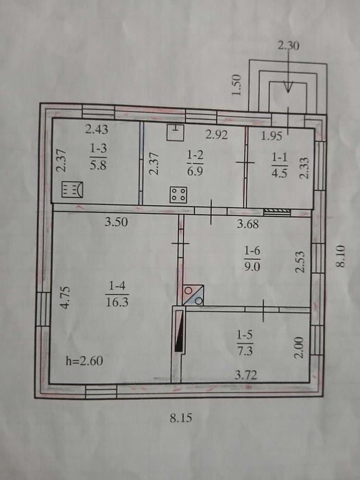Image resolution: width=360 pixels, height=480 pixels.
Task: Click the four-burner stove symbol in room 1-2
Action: click(178, 194)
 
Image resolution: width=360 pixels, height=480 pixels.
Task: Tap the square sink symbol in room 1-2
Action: click(175, 132)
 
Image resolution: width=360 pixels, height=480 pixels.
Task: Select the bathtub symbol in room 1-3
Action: click(72, 189)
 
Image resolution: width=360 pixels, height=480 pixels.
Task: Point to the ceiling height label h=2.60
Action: click(84, 361)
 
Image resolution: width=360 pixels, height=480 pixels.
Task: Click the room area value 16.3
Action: click(117, 302)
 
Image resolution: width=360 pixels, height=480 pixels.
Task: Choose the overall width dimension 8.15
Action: click(181, 418)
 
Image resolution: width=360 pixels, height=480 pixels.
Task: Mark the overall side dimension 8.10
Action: click(340, 256)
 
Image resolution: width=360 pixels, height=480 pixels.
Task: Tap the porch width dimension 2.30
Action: click(289, 46)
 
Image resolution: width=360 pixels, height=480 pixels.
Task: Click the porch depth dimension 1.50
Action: click(237, 85)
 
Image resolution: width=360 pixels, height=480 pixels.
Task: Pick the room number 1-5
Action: click(244, 335)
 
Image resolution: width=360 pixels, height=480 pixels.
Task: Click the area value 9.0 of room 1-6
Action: click(252, 267)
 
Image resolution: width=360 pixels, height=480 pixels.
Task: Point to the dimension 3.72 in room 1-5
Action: click(245, 375)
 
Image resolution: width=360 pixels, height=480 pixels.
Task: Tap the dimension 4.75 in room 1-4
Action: click(65, 297)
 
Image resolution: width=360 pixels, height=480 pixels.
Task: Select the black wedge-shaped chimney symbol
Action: click(179, 331)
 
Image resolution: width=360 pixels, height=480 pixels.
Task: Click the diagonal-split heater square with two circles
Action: click(193, 295)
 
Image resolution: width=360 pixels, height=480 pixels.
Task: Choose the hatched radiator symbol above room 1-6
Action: click(277, 212)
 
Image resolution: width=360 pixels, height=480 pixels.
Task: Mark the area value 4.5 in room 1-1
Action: click(279, 173)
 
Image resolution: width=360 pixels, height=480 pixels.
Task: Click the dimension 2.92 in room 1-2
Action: click(217, 134)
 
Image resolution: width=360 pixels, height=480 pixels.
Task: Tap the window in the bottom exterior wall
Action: click(101, 392)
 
